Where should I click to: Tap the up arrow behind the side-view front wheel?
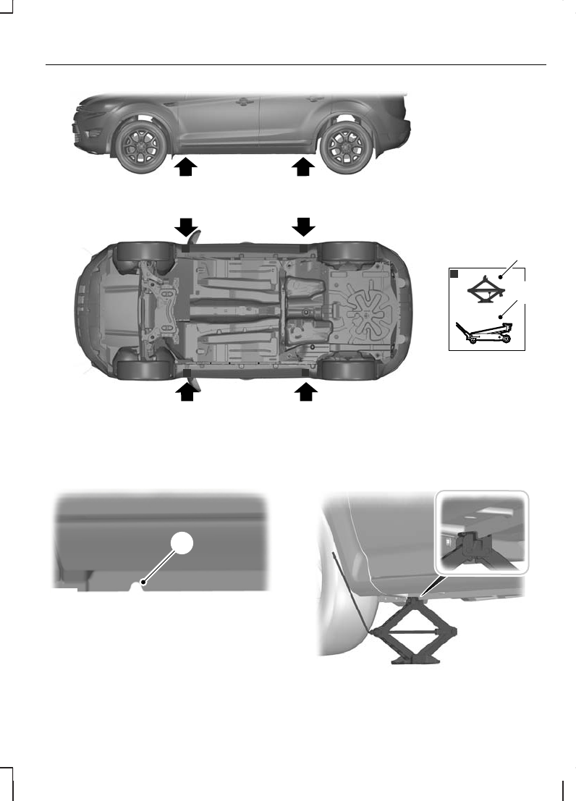point(186,168)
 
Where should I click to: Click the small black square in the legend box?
point(453,274)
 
